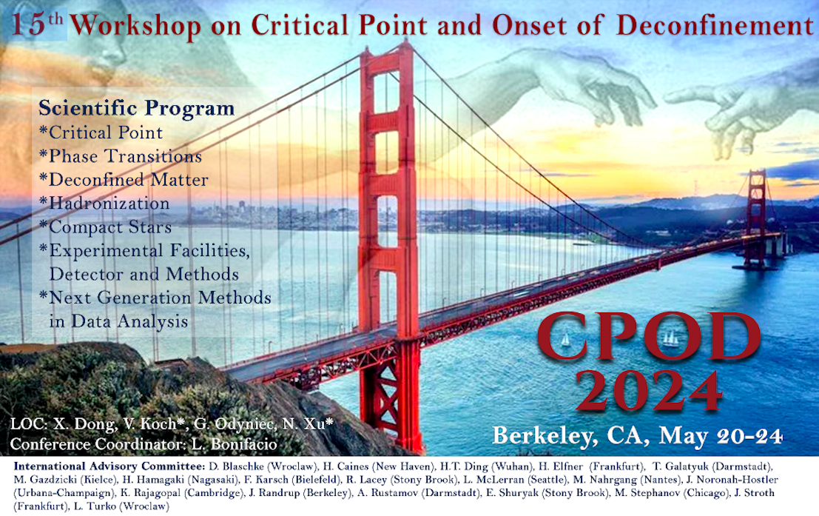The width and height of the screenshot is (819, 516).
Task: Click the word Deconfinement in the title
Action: click(x=715, y=24)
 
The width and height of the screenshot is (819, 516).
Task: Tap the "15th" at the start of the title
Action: click(x=36, y=24)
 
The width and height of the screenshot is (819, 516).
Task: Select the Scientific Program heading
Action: click(x=136, y=108)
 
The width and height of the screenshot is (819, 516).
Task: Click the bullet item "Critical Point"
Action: click(x=101, y=133)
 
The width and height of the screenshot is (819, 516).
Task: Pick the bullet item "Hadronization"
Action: click(x=104, y=203)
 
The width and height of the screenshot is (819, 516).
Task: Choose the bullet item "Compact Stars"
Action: click(x=106, y=227)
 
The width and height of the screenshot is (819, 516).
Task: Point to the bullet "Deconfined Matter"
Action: click(x=124, y=179)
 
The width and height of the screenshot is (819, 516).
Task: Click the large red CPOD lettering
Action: click(x=649, y=337)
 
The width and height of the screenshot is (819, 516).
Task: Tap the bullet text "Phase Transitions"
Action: click(x=121, y=155)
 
